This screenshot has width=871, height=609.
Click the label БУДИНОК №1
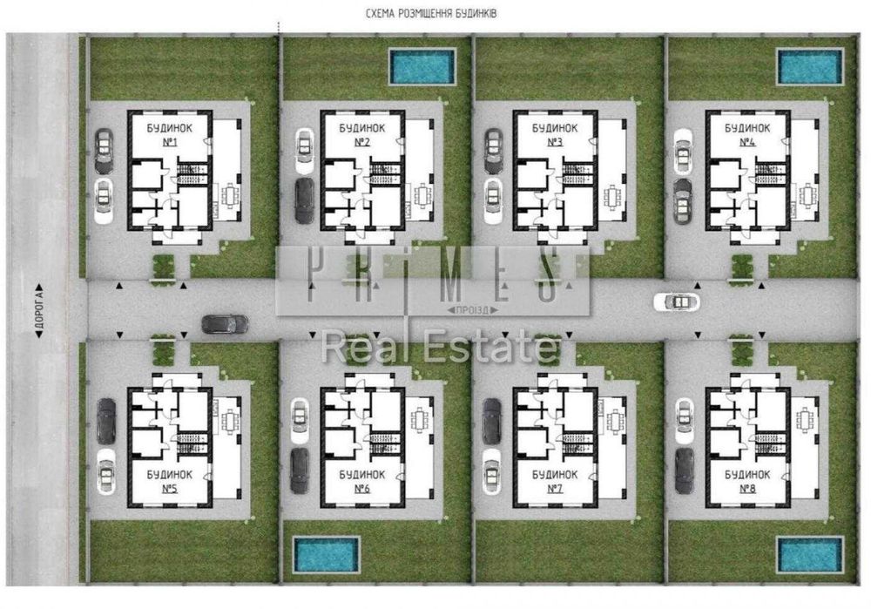170,133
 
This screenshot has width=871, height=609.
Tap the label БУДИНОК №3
555,133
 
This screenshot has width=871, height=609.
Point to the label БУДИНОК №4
747,133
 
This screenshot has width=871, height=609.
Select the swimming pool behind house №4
810,67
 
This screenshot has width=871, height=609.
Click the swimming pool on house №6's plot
326,551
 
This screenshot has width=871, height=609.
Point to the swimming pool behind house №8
810,551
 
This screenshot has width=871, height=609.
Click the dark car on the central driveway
225,324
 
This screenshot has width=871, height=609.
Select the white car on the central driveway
676,301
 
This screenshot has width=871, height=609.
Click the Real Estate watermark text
440,348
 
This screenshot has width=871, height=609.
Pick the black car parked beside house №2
304,200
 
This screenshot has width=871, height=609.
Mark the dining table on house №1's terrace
229,195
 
